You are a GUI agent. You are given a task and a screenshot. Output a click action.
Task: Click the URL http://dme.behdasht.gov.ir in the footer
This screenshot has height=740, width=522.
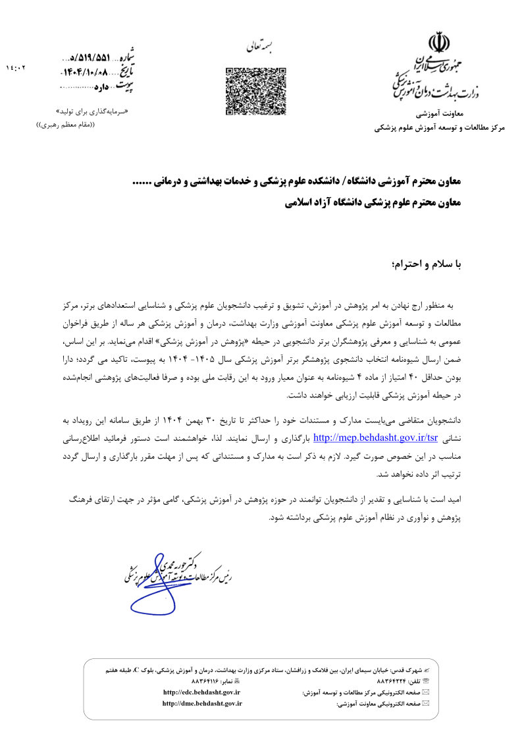coord(202,704)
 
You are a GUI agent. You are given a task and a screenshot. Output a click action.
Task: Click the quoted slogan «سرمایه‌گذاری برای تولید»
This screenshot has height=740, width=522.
coord(92,111)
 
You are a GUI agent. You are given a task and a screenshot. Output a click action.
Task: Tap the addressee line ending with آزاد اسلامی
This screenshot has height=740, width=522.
coord(373,204)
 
